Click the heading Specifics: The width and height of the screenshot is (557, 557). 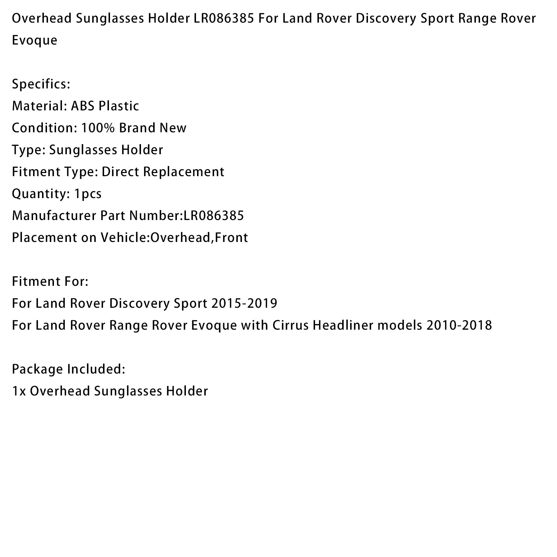[41, 84]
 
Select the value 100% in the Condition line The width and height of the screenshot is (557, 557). [98, 128]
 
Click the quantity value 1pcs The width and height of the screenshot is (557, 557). [88, 194]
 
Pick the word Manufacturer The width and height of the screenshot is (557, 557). [54, 216]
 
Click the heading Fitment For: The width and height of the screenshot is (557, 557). [50, 282]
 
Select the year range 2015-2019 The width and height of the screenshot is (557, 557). [244, 304]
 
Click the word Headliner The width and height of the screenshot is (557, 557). [343, 325]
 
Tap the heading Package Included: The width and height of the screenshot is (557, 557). [69, 369]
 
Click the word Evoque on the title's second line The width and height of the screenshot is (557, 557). [34, 40]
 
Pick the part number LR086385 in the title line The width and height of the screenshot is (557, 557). [219, 18]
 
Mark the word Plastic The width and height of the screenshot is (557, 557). [119, 106]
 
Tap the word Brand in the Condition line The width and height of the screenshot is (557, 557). [137, 128]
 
